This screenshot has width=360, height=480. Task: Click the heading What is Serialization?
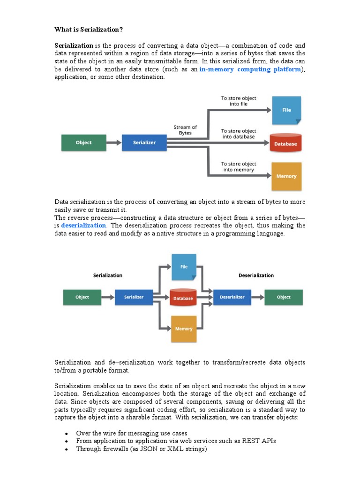(x=89, y=30)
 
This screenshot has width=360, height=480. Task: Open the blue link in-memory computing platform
(x=249, y=69)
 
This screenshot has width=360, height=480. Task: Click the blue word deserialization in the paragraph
(x=84, y=225)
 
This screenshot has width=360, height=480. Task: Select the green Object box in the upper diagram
(x=83, y=142)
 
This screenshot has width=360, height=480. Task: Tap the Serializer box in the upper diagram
(x=144, y=142)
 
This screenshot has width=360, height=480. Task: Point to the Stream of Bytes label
(x=185, y=130)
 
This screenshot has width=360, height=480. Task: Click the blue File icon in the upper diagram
(x=286, y=110)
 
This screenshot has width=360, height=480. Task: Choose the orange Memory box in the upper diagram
(x=286, y=176)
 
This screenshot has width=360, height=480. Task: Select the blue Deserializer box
(x=232, y=297)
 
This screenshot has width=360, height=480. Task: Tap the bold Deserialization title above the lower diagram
(x=256, y=276)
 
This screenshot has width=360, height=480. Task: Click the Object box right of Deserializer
(x=284, y=297)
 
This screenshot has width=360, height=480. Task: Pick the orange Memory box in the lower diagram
(x=184, y=328)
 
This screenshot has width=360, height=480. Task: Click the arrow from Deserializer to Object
(x=257, y=297)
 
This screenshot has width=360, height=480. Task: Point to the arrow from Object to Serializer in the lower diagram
(x=108, y=297)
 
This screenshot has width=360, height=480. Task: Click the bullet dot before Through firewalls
(x=67, y=450)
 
